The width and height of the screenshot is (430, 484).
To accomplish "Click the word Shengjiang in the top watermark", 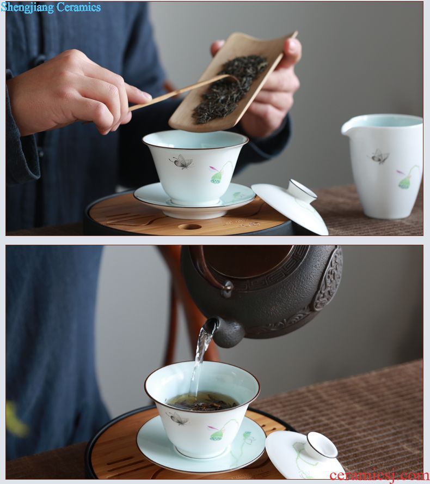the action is point(27,8).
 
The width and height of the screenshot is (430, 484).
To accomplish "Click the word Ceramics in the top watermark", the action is point(78,7).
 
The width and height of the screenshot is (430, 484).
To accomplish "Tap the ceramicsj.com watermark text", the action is point(379,476).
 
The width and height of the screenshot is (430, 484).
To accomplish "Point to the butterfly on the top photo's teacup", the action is point(181,161).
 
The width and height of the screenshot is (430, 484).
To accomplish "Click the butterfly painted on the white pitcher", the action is point(379,156).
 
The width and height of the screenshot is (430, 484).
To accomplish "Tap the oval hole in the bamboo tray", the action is point(190,227).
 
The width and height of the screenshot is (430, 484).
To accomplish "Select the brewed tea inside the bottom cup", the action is point(202,401).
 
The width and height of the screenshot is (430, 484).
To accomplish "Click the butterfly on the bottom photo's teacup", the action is point(177,419).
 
